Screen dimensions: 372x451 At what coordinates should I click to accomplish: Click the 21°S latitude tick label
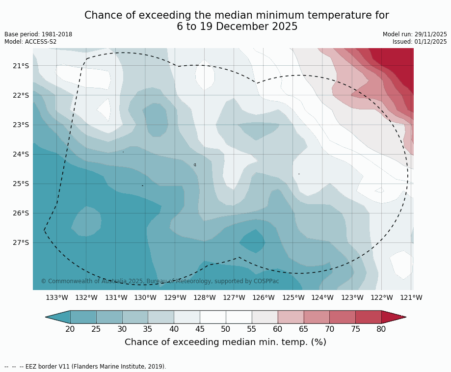(x=21, y=66)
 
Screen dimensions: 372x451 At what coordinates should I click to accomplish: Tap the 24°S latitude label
(x=21, y=154)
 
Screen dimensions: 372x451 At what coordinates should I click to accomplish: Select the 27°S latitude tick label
(x=21, y=242)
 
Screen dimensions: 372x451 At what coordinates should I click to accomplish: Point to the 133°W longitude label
(x=57, y=297)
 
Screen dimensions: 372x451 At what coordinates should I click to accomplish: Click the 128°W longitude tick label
(x=205, y=297)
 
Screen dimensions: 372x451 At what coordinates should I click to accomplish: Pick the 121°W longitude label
(x=411, y=297)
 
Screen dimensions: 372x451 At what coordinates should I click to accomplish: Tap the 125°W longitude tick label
(x=293, y=297)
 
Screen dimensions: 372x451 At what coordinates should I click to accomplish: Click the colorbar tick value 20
(x=70, y=329)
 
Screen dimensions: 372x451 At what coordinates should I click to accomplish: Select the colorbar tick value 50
(x=226, y=329)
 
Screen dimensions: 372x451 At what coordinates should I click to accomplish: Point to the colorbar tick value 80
(x=381, y=329)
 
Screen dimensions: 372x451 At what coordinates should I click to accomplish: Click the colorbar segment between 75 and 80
(x=368, y=317)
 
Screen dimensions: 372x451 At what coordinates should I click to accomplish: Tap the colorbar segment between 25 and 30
(x=109, y=317)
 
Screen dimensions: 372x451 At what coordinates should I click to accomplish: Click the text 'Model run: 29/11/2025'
(x=415, y=34)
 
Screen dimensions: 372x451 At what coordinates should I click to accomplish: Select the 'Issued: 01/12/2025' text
(x=420, y=42)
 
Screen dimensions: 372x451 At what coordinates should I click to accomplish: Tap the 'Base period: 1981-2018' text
(x=38, y=34)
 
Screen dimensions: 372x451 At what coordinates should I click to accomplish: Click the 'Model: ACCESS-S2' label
(x=30, y=42)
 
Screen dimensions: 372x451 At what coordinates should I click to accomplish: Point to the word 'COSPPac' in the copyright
(x=266, y=281)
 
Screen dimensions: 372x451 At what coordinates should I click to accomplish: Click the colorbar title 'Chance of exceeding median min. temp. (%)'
(x=225, y=342)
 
